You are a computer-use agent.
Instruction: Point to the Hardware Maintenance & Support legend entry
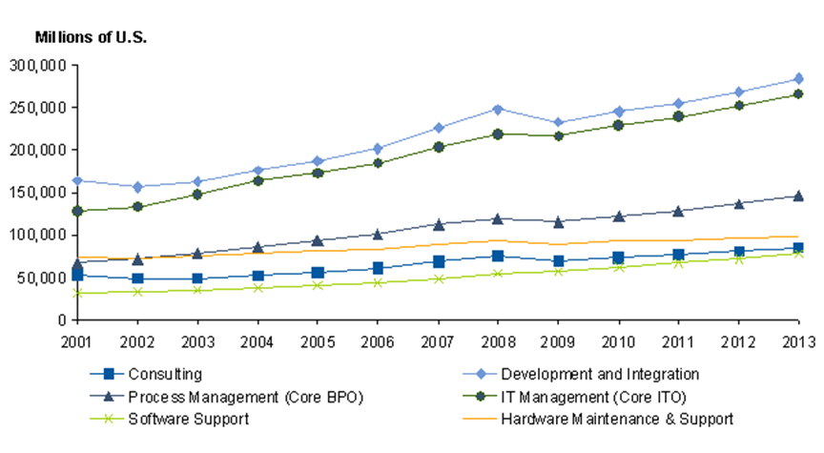[x=630, y=418]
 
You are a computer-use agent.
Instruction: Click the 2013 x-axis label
[x=798, y=340]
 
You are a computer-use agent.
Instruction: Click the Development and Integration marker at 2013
[x=798, y=78]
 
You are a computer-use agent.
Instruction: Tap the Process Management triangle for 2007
[x=438, y=224]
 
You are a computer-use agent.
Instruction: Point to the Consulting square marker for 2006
[x=378, y=268]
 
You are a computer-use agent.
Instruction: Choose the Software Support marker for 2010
[x=618, y=267]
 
